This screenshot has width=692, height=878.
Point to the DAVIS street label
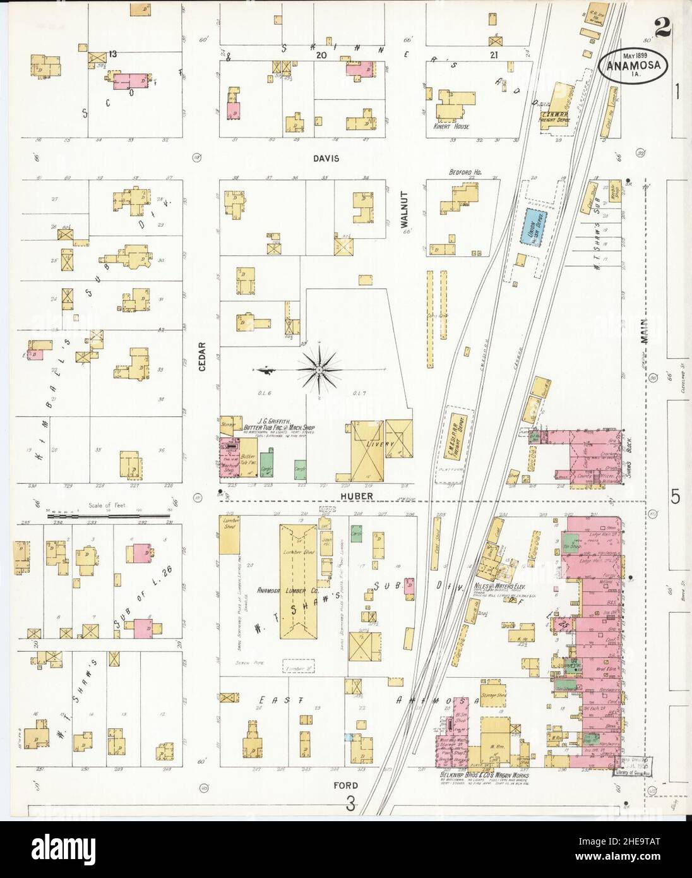coord(325,159)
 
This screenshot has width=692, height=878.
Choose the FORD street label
coord(346,785)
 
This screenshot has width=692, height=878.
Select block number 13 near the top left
coord(112,54)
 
